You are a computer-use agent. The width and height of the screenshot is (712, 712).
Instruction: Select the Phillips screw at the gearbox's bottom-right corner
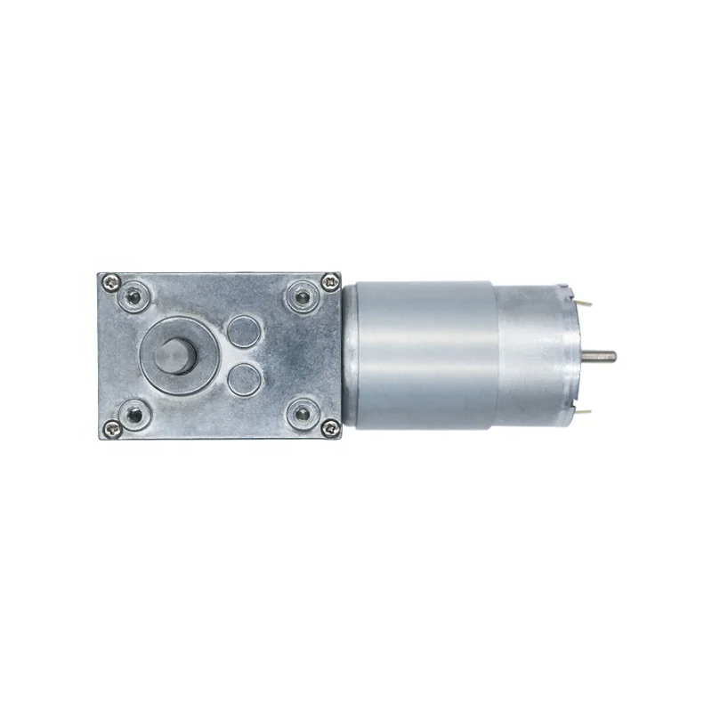[331, 432]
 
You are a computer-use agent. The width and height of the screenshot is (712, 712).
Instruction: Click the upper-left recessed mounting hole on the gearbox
[136, 295]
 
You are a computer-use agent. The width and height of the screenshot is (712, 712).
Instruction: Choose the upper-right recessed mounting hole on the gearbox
[299, 295]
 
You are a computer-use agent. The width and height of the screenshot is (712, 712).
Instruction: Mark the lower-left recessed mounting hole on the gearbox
[136, 415]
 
